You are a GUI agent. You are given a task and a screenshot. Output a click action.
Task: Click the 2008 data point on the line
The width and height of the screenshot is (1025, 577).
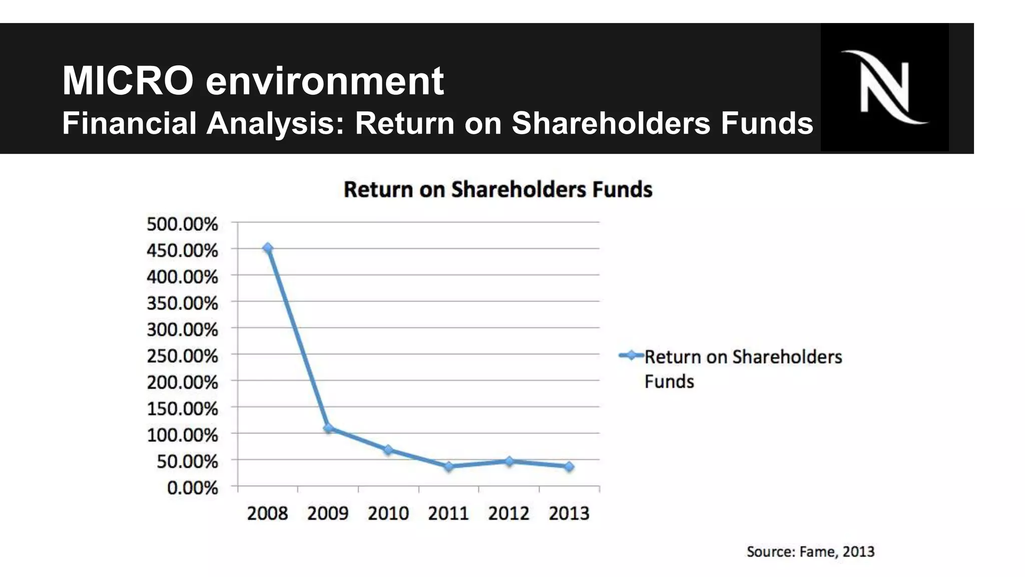[268, 248]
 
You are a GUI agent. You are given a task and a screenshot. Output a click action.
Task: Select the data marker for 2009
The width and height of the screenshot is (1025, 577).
[328, 428]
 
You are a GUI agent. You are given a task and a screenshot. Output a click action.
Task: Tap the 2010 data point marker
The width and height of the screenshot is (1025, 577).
[388, 450]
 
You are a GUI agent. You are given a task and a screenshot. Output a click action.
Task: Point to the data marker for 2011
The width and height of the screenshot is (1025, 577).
[449, 467]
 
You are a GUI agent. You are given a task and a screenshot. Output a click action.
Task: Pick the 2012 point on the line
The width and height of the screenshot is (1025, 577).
[509, 461]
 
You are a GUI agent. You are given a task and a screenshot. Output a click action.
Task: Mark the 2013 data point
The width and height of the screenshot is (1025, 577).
[569, 467]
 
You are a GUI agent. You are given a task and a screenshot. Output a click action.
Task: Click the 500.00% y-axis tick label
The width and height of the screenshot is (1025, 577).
[182, 224]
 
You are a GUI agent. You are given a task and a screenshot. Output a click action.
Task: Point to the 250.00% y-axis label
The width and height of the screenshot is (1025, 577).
[182, 356]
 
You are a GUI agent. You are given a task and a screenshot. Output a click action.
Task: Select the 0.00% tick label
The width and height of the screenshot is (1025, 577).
[192, 488]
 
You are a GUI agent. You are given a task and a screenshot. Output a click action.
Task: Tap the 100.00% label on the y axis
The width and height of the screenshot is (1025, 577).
[182, 435]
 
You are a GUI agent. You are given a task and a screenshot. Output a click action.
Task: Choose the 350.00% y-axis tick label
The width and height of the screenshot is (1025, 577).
[182, 303]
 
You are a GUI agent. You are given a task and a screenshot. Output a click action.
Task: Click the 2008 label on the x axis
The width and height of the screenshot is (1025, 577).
[268, 513]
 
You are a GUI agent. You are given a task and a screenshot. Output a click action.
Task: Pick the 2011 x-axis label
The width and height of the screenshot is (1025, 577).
[448, 513]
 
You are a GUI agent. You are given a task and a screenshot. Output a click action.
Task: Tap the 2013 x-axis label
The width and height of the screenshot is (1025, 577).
[569, 513]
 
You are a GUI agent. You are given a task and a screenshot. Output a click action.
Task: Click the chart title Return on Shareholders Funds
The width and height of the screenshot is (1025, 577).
[498, 190]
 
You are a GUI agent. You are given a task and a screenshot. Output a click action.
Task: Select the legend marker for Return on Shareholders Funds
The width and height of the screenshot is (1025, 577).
[631, 356]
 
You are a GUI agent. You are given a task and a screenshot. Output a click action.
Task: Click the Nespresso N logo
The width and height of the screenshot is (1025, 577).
[884, 87]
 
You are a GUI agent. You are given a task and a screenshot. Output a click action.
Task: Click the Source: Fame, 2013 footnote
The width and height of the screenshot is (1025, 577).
[810, 552]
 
